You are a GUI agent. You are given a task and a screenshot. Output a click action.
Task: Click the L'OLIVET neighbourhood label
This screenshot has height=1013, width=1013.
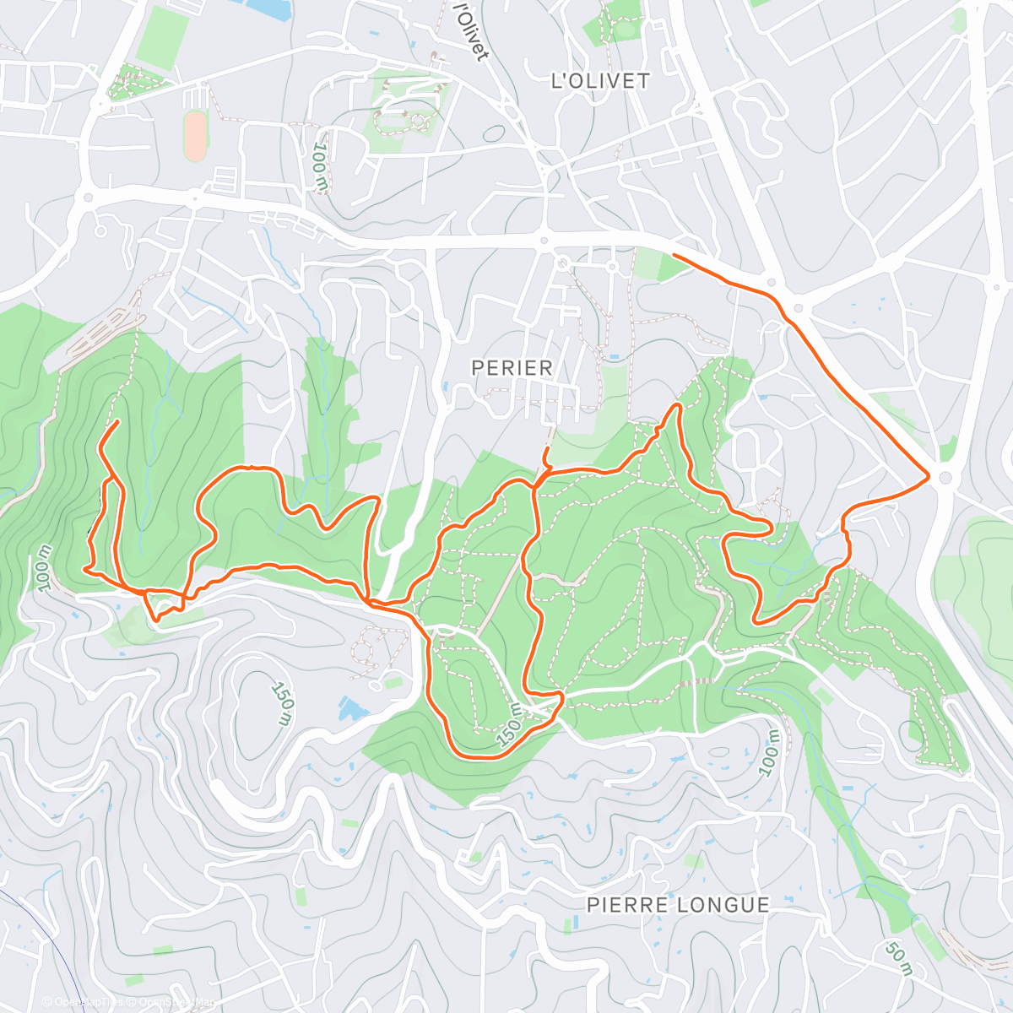pos(600,81)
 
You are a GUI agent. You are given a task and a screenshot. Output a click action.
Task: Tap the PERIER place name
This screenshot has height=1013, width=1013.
pos(512,368)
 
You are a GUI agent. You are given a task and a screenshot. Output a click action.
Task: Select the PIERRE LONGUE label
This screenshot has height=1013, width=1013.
pos(678,905)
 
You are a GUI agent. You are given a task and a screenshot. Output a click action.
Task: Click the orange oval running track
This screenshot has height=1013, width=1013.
pos(195,136)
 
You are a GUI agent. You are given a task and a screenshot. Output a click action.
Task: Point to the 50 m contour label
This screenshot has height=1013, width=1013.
pos(899,958)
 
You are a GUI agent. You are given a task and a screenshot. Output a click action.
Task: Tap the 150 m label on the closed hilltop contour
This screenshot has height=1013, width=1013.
pos(284,702)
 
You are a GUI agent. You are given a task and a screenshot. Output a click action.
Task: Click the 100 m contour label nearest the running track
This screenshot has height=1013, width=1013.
pos(320,165)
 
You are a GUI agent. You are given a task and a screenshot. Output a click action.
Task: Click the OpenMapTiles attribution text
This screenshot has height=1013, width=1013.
pos(83,1002)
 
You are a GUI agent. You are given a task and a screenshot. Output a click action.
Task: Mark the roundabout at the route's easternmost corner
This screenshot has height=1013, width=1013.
pos(945,478)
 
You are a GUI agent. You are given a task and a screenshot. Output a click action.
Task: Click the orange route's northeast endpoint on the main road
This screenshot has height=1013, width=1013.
pos(674,254)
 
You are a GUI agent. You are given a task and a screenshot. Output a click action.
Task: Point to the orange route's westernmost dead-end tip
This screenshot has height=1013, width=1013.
pos(117,420)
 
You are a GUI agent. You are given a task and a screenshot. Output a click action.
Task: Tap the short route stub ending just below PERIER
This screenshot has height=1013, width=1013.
pos(548,447)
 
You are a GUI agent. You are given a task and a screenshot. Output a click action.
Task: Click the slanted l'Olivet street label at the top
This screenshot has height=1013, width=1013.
pos(471,31)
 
